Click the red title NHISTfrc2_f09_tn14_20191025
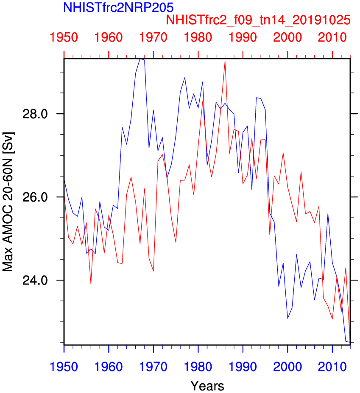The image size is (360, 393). [259, 20]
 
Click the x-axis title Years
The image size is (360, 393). [207, 386]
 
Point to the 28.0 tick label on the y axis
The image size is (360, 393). [42, 114]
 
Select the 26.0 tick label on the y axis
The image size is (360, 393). [42, 197]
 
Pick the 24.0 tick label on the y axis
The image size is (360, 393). [42, 280]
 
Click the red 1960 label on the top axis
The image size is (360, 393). [109, 37]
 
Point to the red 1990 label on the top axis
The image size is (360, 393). [243, 37]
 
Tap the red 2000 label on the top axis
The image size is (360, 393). [287, 37]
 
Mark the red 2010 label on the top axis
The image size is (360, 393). [332, 37]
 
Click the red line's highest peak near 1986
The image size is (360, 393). [225, 61]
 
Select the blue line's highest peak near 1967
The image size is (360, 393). [140, 59]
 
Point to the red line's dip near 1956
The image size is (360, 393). [91, 284]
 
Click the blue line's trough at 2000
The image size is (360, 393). [287, 318]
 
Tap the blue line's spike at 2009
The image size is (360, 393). [328, 213]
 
